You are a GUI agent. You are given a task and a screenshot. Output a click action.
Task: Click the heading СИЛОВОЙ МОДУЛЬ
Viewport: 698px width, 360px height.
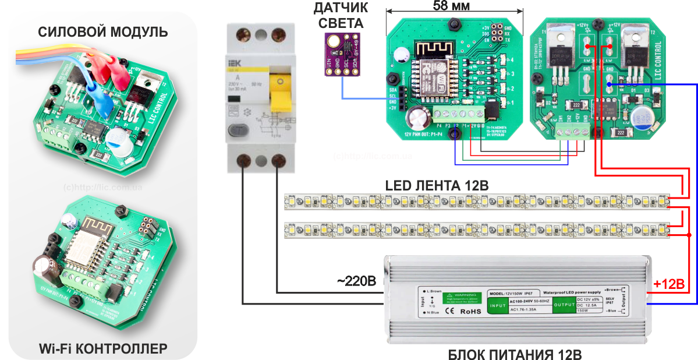(x=103, y=31)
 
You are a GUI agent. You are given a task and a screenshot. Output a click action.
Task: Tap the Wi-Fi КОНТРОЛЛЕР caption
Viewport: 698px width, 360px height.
(x=103, y=348)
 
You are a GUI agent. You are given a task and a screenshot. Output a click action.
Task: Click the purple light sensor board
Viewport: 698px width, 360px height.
(x=341, y=55)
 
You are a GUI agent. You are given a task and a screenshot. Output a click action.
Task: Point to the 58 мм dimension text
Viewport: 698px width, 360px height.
(x=452, y=6)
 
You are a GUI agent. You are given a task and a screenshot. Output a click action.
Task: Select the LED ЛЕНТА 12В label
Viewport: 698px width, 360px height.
(x=437, y=185)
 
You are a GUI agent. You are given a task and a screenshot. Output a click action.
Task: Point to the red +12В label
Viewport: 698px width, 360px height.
(x=669, y=284)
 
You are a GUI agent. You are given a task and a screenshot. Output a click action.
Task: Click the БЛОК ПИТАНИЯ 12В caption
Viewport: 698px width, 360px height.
(x=515, y=353)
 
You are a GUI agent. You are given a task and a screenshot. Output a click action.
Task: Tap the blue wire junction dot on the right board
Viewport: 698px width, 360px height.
(x=609, y=85)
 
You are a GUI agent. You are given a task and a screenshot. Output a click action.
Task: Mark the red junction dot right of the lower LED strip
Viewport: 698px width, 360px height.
(x=689, y=235)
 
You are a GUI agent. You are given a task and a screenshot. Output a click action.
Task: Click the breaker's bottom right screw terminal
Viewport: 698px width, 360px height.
(x=279, y=160)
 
